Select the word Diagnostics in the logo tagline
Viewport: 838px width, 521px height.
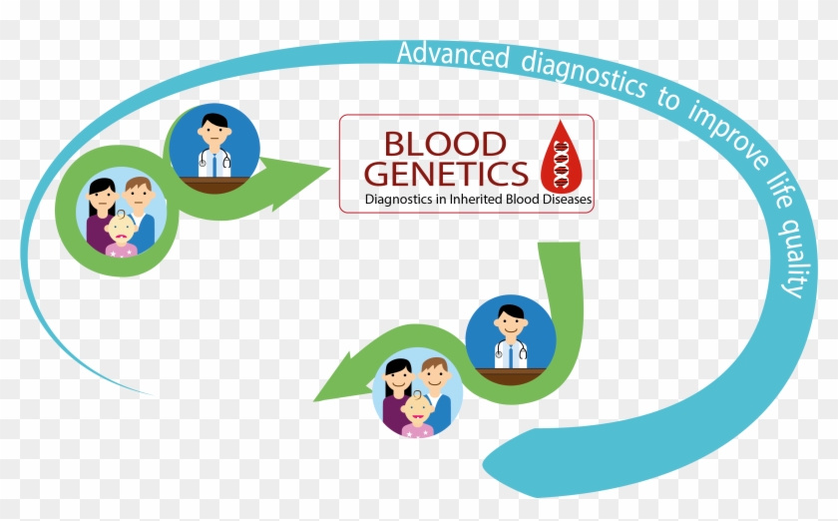click(402, 201)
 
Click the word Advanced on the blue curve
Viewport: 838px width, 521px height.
click(455, 54)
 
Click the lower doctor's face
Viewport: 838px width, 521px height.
click(510, 321)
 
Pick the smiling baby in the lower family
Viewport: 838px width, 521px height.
click(416, 412)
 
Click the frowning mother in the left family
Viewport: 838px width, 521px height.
click(102, 196)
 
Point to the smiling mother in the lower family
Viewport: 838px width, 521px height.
click(396, 379)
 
